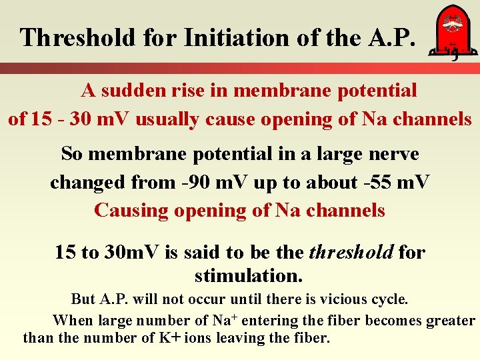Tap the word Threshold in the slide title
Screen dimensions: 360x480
(x=78, y=37)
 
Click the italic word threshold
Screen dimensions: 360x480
(x=351, y=253)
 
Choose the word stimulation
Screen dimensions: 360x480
(x=249, y=275)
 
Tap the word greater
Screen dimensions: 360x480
(x=451, y=321)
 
